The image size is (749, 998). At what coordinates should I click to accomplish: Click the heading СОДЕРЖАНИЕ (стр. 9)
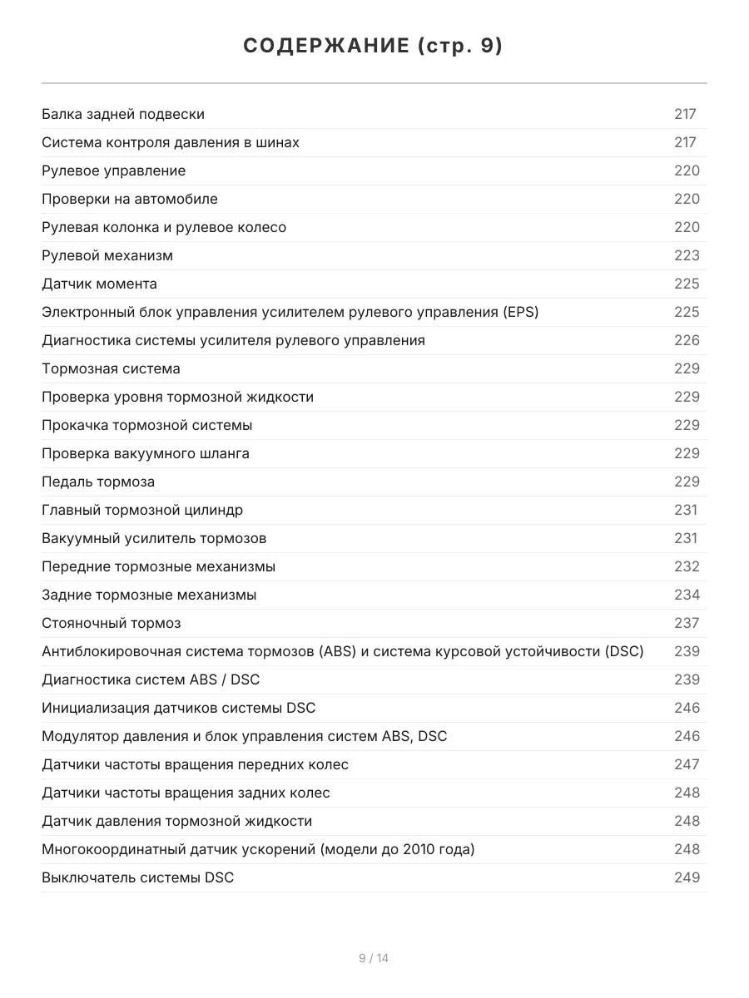coord(374,47)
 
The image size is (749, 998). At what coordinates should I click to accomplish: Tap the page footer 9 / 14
coord(374,958)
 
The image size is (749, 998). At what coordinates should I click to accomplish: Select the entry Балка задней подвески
coord(123,114)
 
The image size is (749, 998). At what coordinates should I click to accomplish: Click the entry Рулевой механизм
coord(107,255)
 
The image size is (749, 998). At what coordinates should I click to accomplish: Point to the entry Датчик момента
coord(99,284)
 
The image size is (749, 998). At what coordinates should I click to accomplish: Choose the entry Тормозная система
coord(111,368)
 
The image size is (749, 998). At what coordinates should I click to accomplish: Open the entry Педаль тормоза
coord(98,482)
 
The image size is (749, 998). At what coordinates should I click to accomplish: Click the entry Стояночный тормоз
coord(111,623)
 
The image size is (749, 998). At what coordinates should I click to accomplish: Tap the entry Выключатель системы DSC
coord(137,877)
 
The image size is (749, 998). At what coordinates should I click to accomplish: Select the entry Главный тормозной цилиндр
coord(142,510)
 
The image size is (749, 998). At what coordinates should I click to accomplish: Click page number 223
coord(687,255)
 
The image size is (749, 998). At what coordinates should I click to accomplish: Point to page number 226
coord(687,340)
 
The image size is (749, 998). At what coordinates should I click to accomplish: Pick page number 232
coord(687,566)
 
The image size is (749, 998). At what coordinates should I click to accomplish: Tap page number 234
coord(687,595)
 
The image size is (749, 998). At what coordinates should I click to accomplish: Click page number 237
coord(687,623)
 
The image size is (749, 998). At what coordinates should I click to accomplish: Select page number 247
coord(687,764)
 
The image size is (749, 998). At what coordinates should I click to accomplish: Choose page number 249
coord(687,877)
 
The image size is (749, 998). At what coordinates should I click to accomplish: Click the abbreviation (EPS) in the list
coord(520,312)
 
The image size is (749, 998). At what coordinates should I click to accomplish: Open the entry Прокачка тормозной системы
coord(146,425)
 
